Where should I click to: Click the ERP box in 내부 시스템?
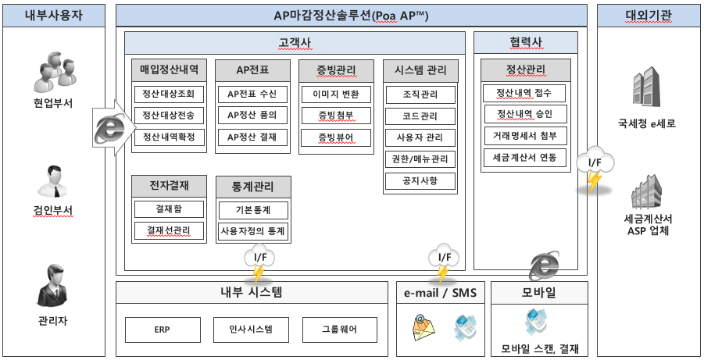point(162,330)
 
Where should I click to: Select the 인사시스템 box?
point(251,330)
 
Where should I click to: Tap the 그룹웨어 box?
point(340,330)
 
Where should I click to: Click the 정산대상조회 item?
point(169,94)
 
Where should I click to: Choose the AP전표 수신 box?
point(252,94)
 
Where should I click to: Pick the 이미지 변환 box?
point(336,94)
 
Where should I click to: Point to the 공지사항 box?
point(420,181)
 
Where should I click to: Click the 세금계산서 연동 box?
point(525,158)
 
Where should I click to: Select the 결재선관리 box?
point(169,230)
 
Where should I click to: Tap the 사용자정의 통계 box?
point(253,232)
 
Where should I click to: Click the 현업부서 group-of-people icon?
point(55,71)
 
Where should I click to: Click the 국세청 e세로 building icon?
point(646,87)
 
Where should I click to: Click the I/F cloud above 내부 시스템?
point(259,257)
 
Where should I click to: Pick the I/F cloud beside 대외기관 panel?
point(595,162)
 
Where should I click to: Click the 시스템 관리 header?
point(420,70)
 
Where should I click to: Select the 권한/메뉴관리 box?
point(420,159)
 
